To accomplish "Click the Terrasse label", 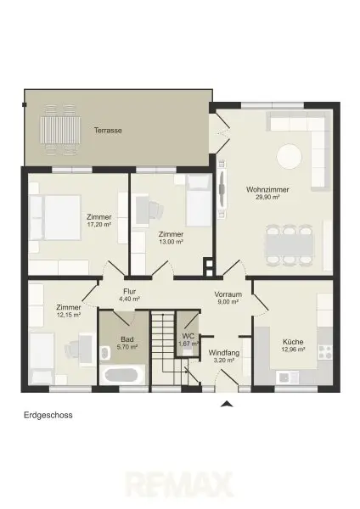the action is pyautogui.click(x=108, y=131).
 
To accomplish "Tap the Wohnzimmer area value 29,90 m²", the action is pyautogui.click(x=267, y=197).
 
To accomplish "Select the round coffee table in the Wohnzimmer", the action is pyautogui.click(x=289, y=156).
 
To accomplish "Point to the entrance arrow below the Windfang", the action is pyautogui.click(x=227, y=404).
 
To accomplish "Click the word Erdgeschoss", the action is pyautogui.click(x=48, y=415).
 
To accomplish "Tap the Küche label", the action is pyautogui.click(x=293, y=342).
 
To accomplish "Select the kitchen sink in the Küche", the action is pyautogui.click(x=287, y=377).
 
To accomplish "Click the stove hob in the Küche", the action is pyautogui.click(x=325, y=352).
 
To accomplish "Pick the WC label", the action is pyautogui.click(x=188, y=336).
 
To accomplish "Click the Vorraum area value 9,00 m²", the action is pyautogui.click(x=228, y=301).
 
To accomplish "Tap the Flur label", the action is pyautogui.click(x=129, y=292).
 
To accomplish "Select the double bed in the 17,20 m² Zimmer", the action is pyautogui.click(x=54, y=217).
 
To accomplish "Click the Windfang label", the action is pyautogui.click(x=224, y=353).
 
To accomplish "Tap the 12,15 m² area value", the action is pyautogui.click(x=68, y=315).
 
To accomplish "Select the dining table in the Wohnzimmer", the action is pyautogui.click(x=290, y=245).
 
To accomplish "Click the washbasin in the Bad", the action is pyautogui.click(x=104, y=353).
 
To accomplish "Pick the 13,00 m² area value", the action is pyautogui.click(x=171, y=242).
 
